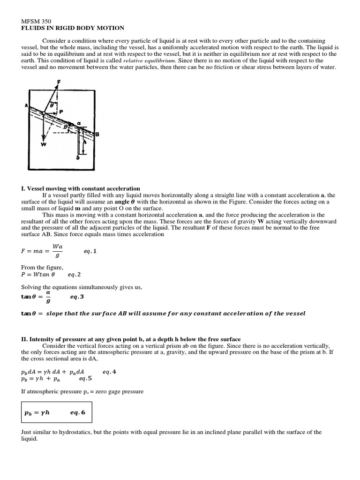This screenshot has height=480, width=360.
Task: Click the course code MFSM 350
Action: [37, 21]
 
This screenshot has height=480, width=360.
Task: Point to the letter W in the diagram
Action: [43, 144]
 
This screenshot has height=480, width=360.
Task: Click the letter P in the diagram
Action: [61, 112]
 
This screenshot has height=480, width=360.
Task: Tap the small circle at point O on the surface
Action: [43, 113]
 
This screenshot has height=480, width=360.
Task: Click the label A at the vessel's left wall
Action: [26, 106]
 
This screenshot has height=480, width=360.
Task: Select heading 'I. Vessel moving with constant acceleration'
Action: [81, 188]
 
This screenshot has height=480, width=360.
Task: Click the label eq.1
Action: [90, 251]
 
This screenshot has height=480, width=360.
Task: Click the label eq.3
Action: [77, 297]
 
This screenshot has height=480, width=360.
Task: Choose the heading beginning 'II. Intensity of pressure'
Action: [131, 339]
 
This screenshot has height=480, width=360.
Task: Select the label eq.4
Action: [109, 372]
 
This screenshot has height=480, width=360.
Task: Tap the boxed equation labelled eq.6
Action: [56, 413]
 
